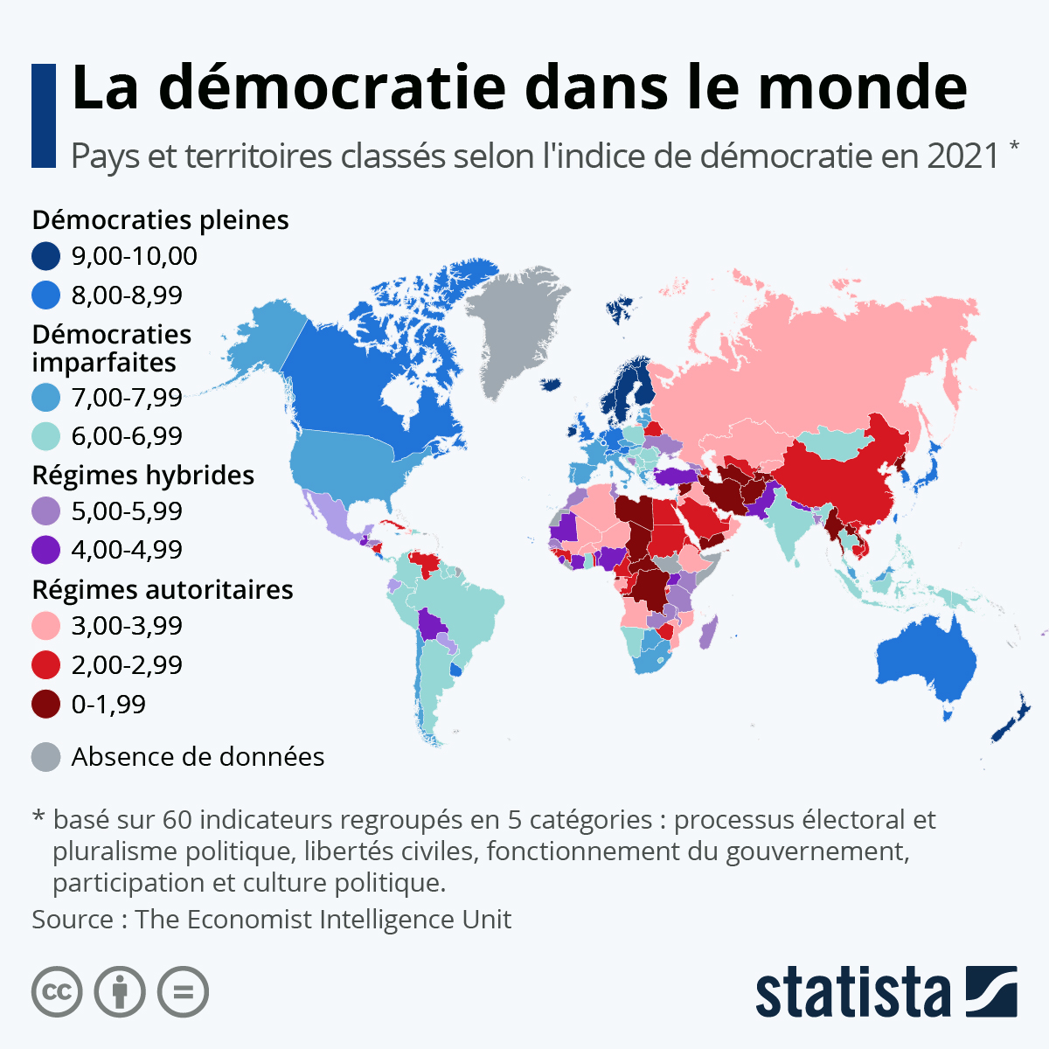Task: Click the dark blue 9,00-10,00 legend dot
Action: pyautogui.click(x=45, y=256)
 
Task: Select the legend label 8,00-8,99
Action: pyautogui.click(x=127, y=295)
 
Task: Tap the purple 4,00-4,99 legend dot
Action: pyautogui.click(x=45, y=550)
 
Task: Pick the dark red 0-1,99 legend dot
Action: pyautogui.click(x=45, y=705)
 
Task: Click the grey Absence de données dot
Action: pyautogui.click(x=45, y=757)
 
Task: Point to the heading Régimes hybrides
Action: pyautogui.click(x=142, y=476)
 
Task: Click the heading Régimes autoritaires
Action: pyautogui.click(x=162, y=590)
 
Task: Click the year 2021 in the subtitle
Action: pyautogui.click(x=962, y=156)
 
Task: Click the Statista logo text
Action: pyautogui.click(x=852, y=992)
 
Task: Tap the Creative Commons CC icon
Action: pyautogui.click(x=57, y=992)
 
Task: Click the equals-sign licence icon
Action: pyautogui.click(x=184, y=992)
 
